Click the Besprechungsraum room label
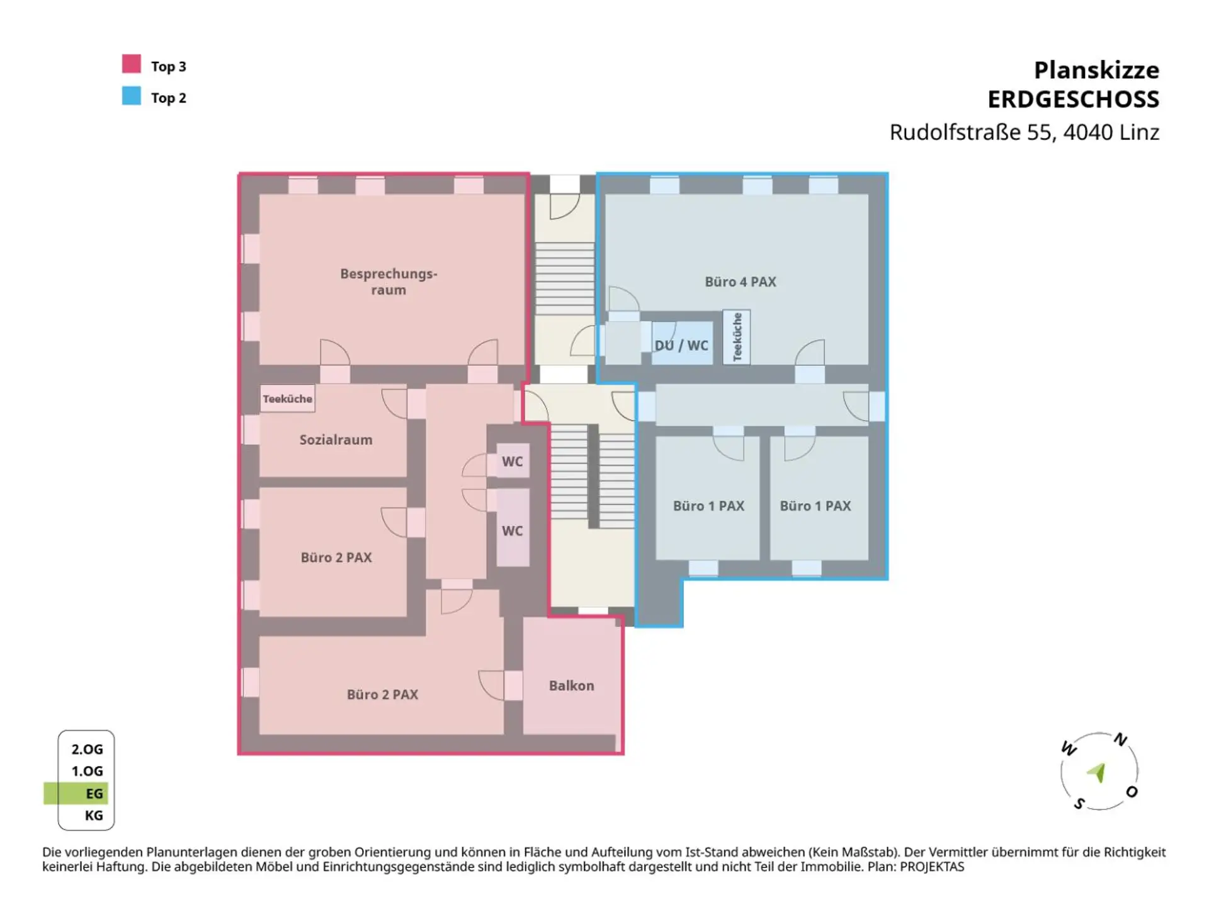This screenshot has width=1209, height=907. click(389, 282)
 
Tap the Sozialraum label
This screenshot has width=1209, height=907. click(336, 440)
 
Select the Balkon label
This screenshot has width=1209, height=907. click(571, 685)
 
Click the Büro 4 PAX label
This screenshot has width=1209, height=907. click(741, 282)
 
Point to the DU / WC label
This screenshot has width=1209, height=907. click(681, 345)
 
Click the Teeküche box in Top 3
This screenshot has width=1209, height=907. click(287, 399)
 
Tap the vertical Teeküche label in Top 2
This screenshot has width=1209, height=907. click(737, 337)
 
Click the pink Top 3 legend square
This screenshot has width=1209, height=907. click(132, 64)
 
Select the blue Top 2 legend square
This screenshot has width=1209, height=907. click(132, 95)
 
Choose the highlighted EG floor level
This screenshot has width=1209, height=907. click(76, 793)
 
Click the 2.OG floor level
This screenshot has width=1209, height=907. click(87, 749)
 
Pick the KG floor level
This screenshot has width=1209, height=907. click(94, 816)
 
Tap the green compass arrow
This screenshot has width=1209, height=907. click(1098, 772)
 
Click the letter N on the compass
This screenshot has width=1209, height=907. click(1120, 739)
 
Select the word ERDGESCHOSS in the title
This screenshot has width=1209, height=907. click(1073, 100)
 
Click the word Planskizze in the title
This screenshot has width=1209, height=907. click(1096, 70)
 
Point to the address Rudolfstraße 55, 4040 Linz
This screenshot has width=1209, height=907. click(1024, 132)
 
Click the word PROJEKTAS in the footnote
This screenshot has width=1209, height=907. click(932, 867)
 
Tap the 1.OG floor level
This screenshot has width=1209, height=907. click(87, 771)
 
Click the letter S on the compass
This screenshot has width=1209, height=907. click(1079, 804)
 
